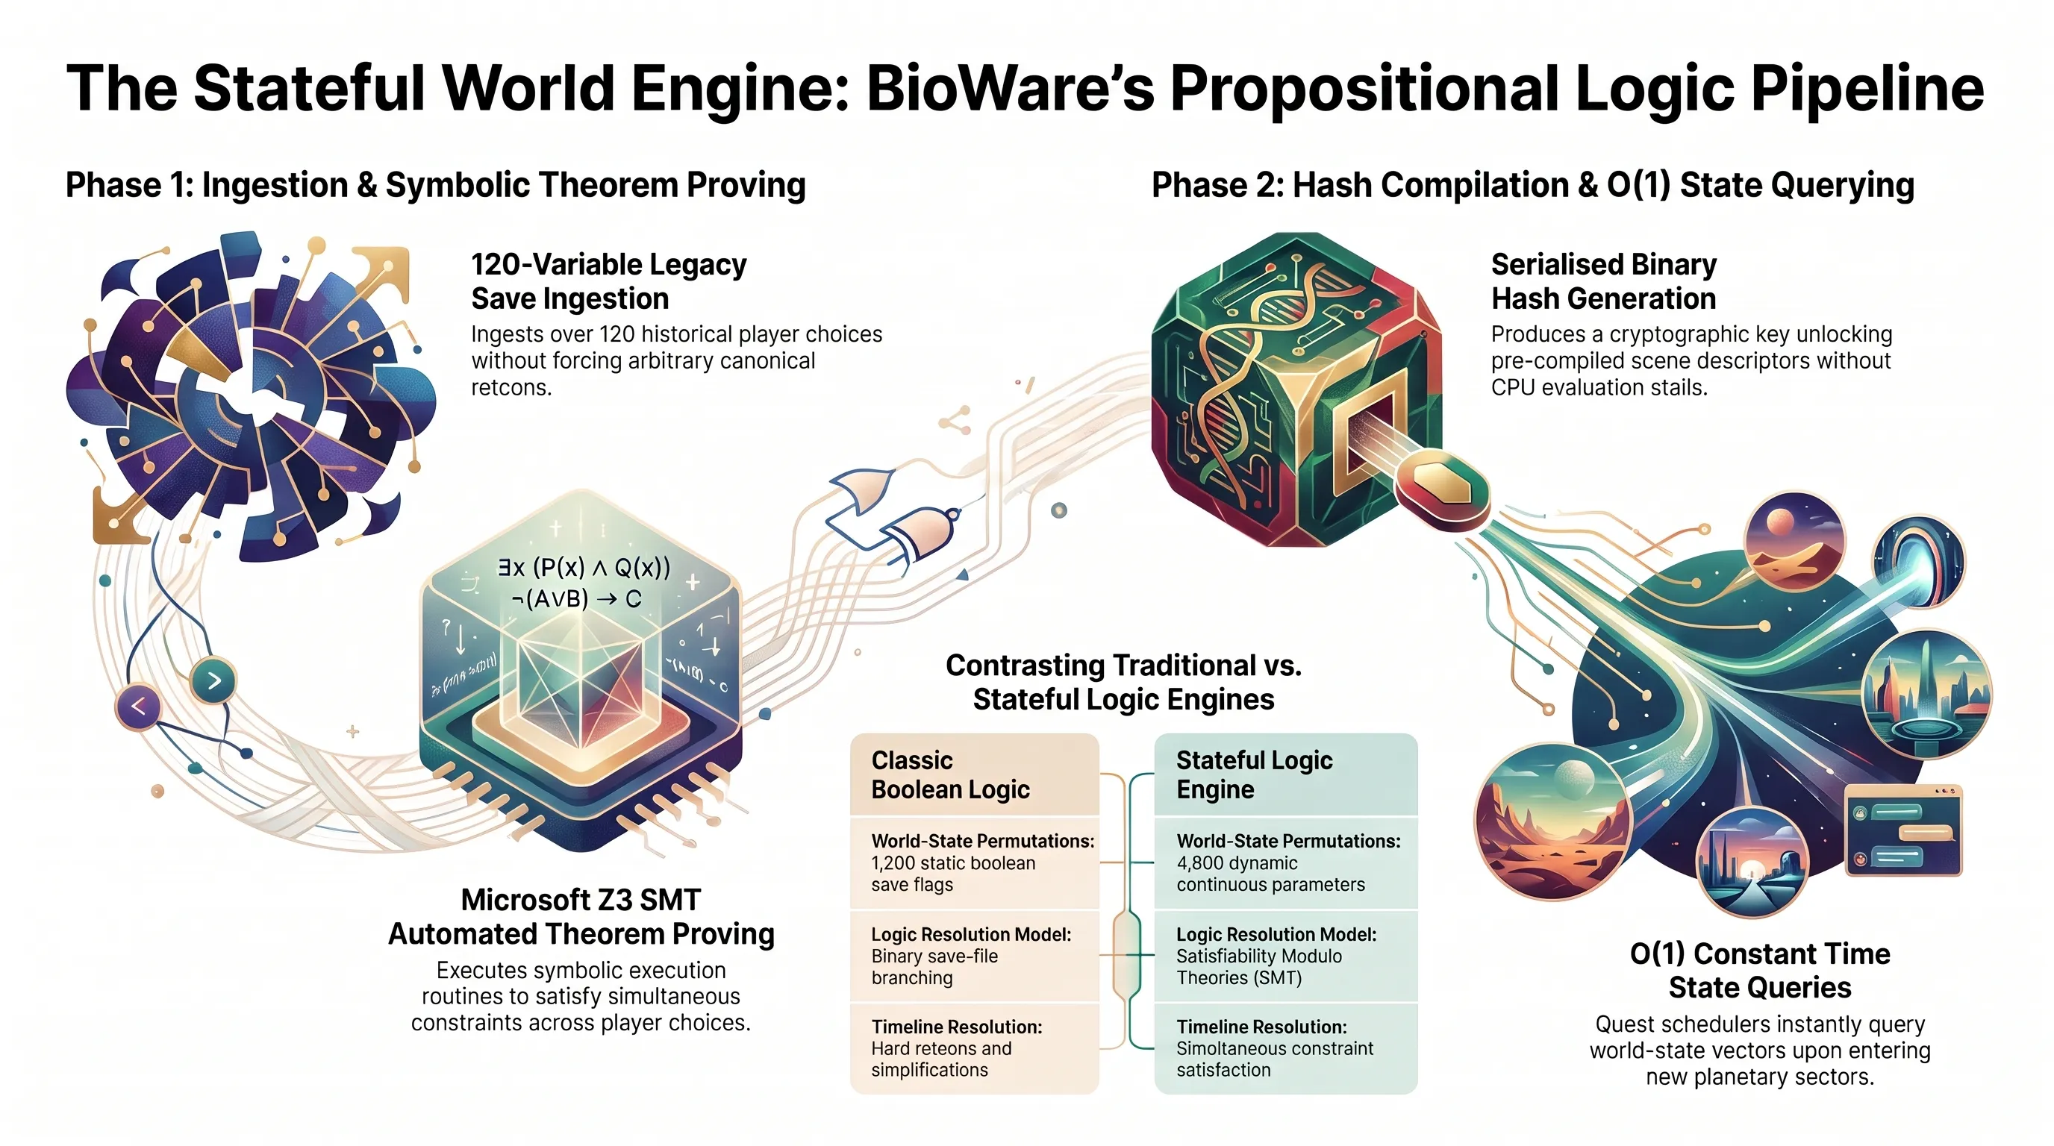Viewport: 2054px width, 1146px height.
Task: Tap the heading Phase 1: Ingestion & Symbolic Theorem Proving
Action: pos(435,185)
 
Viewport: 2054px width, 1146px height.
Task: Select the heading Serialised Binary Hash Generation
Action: pos(1603,281)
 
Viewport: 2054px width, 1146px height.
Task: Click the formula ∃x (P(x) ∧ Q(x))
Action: pos(584,568)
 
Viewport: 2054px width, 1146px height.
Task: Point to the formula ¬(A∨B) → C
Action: pos(576,598)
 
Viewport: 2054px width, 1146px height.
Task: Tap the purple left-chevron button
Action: pos(138,706)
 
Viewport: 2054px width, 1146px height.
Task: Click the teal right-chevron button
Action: pos(213,681)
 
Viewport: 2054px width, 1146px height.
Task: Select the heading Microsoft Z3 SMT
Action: pos(581,900)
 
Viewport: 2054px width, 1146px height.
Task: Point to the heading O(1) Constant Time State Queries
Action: pos(1760,971)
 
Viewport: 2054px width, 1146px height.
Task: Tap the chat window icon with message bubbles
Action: pos(1903,830)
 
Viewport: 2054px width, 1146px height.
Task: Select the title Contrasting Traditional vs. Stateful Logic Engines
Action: pos(1123,682)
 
